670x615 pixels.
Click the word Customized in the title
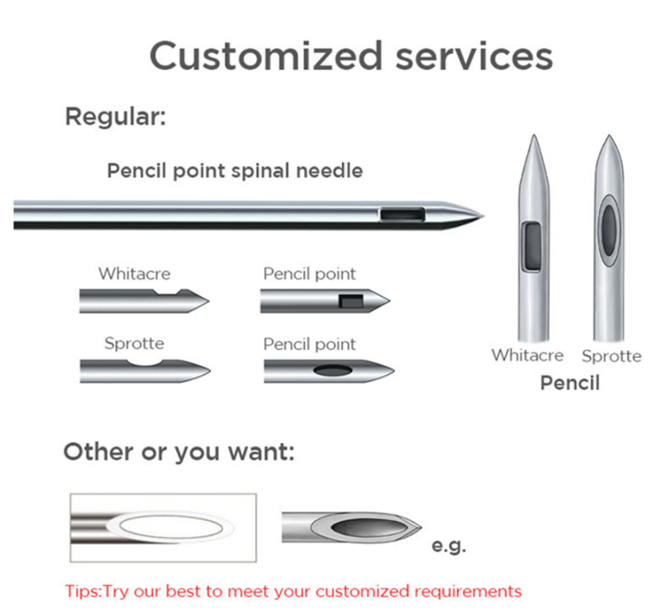[x=265, y=56]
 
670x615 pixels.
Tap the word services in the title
[x=474, y=57]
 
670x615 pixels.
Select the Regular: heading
[x=115, y=117]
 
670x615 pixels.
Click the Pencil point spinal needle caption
[x=235, y=171]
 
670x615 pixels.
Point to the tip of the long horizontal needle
[x=484, y=216]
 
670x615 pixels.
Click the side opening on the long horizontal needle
[x=403, y=214]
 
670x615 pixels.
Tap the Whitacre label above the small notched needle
[x=134, y=274]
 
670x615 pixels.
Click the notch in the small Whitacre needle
[x=169, y=292]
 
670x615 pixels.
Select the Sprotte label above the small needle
[x=134, y=343]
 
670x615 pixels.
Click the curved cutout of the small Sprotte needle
[x=146, y=363]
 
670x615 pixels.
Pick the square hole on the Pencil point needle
[x=350, y=301]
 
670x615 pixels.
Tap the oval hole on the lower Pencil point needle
[x=333, y=371]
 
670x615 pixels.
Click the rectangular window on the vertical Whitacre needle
[x=532, y=246]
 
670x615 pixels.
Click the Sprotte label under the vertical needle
[x=612, y=356]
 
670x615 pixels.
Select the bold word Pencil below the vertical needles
[x=570, y=383]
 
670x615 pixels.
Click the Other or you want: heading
[x=179, y=452]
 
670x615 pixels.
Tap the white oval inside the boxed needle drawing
[x=171, y=527]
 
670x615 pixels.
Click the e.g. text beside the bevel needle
[x=448, y=546]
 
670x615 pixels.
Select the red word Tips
[x=82, y=592]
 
